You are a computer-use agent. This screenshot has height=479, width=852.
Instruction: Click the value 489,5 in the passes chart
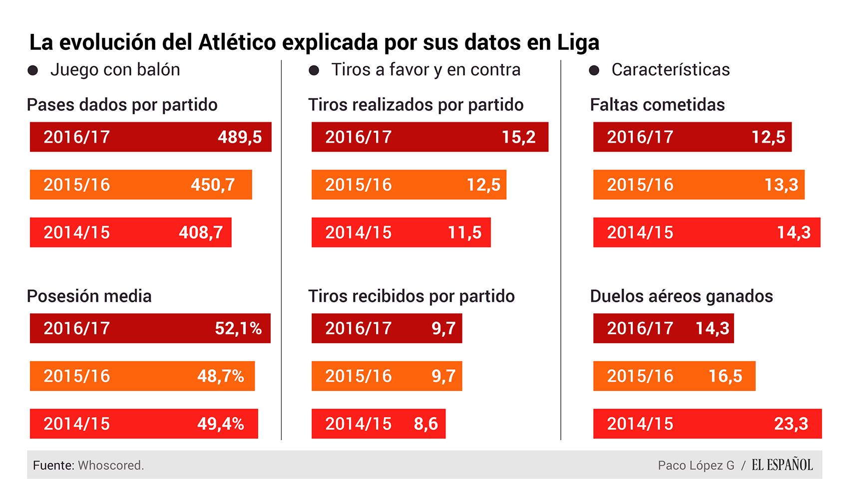tap(240, 137)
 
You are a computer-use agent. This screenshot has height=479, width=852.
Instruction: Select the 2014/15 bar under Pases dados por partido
tap(130, 233)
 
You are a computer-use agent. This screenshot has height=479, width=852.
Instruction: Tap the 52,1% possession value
tap(238, 328)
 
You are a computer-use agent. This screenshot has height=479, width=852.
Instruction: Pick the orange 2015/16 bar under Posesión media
tap(142, 376)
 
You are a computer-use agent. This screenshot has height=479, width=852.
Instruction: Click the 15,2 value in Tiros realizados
tap(518, 137)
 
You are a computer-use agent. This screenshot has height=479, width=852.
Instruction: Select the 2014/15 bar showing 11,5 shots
tap(401, 233)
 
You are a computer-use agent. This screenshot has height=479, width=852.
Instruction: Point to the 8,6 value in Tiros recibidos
tap(426, 424)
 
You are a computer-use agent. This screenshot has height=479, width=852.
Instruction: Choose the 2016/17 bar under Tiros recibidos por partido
tap(387, 328)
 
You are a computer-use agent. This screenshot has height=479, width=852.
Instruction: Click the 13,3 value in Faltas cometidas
tap(781, 185)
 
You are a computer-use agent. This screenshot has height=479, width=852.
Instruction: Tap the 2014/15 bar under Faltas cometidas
tap(706, 233)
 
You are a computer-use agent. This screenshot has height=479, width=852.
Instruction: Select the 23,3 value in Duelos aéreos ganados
tap(791, 424)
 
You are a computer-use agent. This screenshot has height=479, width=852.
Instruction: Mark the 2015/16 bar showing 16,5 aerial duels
tap(674, 376)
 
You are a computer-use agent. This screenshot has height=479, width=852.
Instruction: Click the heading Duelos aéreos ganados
tap(681, 296)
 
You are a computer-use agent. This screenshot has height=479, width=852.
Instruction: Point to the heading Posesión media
tap(89, 296)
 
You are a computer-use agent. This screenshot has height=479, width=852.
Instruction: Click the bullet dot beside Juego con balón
tap(33, 70)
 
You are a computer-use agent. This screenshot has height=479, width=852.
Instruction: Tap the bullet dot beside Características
tap(594, 70)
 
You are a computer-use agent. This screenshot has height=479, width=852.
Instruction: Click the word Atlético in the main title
tap(237, 42)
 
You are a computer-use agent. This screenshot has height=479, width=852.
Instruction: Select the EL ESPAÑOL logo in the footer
tap(782, 465)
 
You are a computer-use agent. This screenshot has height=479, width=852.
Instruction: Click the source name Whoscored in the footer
tap(110, 466)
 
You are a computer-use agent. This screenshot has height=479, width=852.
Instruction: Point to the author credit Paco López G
tap(696, 466)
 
